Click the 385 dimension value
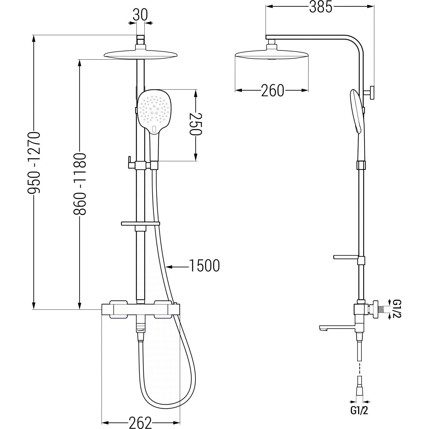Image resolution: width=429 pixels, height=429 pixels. pos(320,7)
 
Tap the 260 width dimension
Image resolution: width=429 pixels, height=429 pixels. pos(272,91)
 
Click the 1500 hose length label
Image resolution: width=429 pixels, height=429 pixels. pos(204,266)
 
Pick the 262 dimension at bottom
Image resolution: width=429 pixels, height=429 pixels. pos(140,422)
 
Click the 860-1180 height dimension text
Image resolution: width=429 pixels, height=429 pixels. pos(80,184)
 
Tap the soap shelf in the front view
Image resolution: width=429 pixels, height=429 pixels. pos(140,224)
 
